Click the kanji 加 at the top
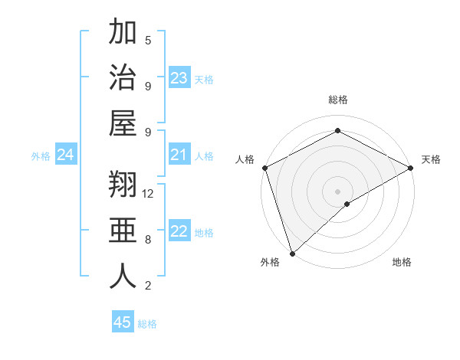(x=123, y=33)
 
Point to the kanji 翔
(x=123, y=185)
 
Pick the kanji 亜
(x=123, y=231)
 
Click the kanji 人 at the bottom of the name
(x=123, y=276)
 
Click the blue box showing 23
(x=179, y=78)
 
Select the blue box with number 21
(x=179, y=155)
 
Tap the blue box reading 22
(x=179, y=232)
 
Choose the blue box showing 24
(x=65, y=155)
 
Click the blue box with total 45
(x=123, y=322)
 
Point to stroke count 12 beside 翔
(x=148, y=194)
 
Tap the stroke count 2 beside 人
(x=148, y=286)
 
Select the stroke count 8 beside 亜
(x=148, y=240)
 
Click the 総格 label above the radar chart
(x=338, y=100)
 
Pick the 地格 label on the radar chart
(x=402, y=263)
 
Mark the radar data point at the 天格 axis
(x=411, y=168)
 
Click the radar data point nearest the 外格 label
(x=292, y=253)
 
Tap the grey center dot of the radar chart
(x=337, y=191)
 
